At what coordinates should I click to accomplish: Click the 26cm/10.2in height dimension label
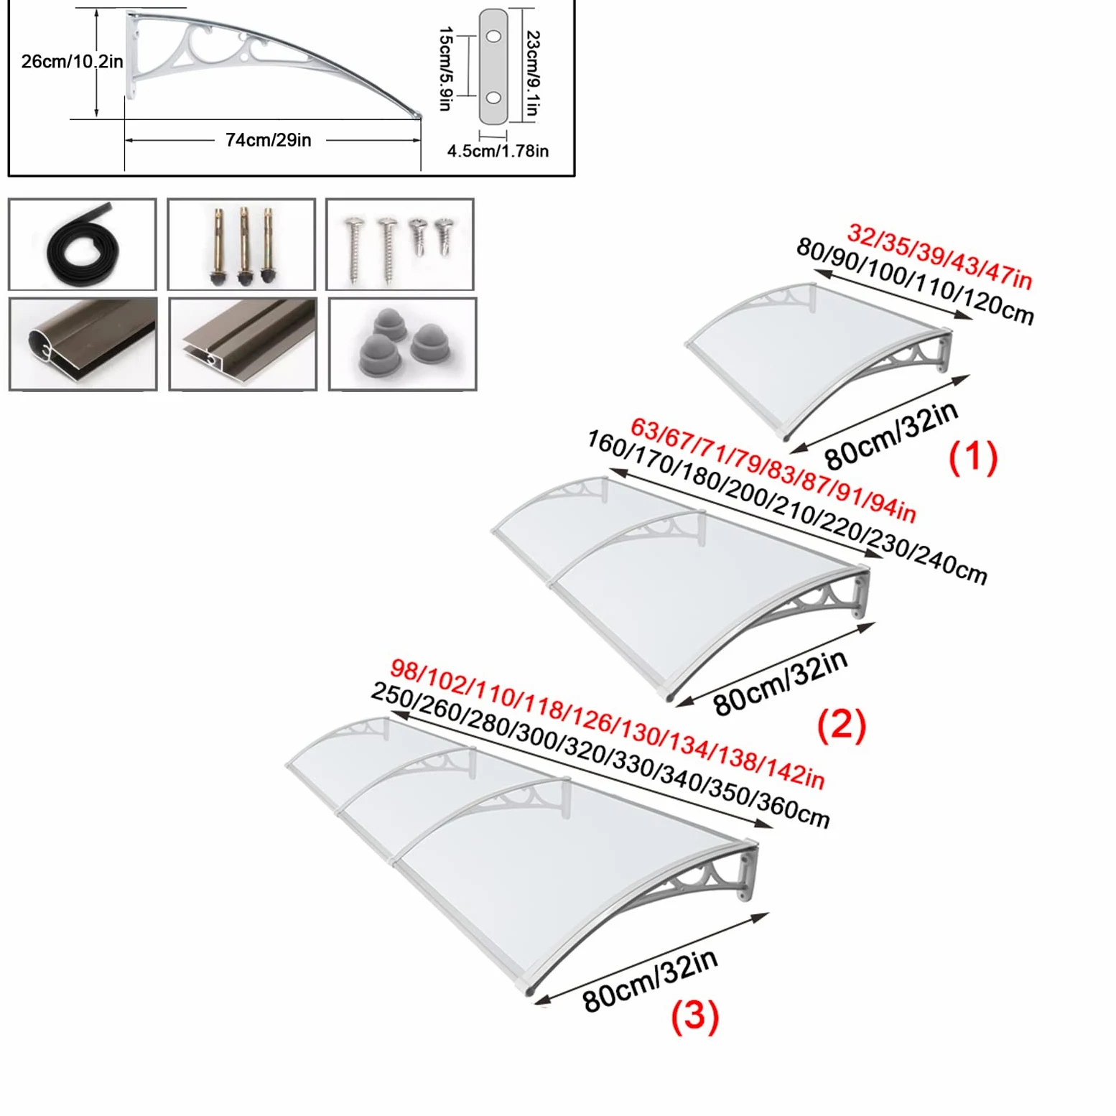pyautogui.click(x=72, y=62)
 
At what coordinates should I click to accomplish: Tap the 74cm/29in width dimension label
pyautogui.click(x=269, y=140)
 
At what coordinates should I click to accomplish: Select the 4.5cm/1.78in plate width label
pyautogui.click(x=498, y=151)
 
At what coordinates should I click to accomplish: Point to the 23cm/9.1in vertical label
pyautogui.click(x=532, y=73)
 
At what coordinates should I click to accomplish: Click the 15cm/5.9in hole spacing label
pyautogui.click(x=445, y=68)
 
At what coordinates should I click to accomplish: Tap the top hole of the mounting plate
pyautogui.click(x=493, y=36)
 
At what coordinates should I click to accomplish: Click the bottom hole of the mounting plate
pyautogui.click(x=493, y=98)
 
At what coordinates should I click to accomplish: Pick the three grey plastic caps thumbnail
pyautogui.click(x=402, y=344)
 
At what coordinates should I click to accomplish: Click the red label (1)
pyautogui.click(x=973, y=457)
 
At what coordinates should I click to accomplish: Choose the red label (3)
pyautogui.click(x=694, y=1017)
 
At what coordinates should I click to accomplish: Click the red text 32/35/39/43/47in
pyautogui.click(x=940, y=256)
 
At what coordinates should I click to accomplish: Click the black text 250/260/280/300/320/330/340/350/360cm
pyautogui.click(x=600, y=755)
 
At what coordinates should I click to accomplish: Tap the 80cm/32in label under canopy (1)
pyautogui.click(x=891, y=435)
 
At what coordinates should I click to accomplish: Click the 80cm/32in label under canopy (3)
pyautogui.click(x=650, y=980)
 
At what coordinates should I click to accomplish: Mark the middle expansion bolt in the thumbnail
pyautogui.click(x=244, y=244)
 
